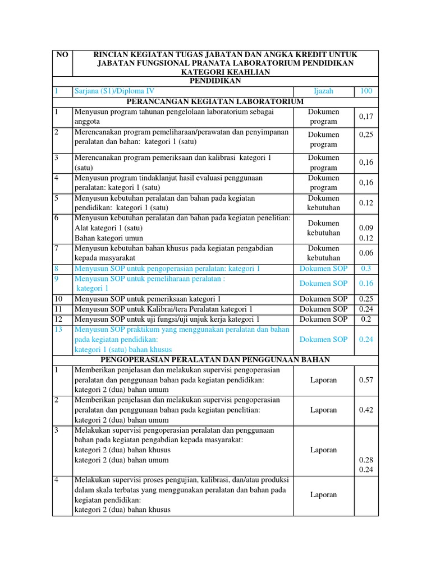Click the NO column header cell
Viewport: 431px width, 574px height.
62,54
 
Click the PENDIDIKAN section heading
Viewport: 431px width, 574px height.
215,81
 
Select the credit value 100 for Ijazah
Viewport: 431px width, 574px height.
366,91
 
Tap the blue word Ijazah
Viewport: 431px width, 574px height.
323,91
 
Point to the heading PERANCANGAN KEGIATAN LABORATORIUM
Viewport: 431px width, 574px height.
215,101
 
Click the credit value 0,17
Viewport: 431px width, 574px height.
366,117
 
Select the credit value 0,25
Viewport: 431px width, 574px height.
366,135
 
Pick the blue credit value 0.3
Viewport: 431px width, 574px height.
366,269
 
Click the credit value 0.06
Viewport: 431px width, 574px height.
366,253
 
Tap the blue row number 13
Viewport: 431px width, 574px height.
58,330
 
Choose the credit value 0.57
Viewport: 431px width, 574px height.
366,380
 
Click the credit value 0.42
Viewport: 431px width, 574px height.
366,410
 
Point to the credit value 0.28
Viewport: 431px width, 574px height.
366,460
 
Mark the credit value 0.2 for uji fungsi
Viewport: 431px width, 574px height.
366,320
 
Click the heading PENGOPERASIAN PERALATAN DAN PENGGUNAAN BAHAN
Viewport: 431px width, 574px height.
215,359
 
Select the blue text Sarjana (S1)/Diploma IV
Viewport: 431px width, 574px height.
114,91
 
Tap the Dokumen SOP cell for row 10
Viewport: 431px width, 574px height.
323,299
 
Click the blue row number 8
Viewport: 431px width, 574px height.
56,269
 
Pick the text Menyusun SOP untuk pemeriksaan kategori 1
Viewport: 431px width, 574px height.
148,299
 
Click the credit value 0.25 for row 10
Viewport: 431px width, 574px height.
366,299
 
